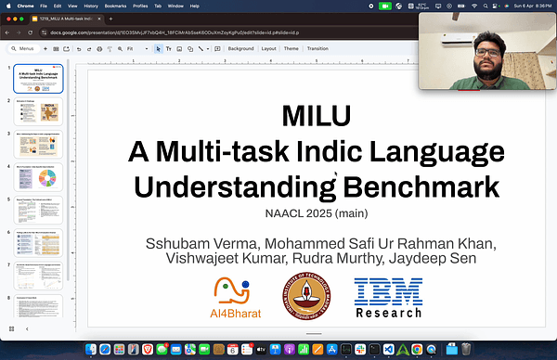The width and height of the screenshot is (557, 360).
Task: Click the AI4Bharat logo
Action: coord(235,297)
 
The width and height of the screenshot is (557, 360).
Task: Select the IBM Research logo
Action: coord(388,297)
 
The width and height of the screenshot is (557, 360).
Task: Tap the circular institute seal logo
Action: coord(311,297)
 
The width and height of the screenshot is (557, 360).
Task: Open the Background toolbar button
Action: coord(240,48)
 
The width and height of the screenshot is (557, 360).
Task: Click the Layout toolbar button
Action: coord(268,48)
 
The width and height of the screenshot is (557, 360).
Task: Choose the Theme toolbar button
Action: coord(291,48)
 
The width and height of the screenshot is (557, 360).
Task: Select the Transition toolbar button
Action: coord(317,48)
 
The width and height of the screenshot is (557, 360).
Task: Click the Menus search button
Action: coord(23,48)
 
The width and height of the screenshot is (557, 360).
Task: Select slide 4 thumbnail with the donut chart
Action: coord(38,176)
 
